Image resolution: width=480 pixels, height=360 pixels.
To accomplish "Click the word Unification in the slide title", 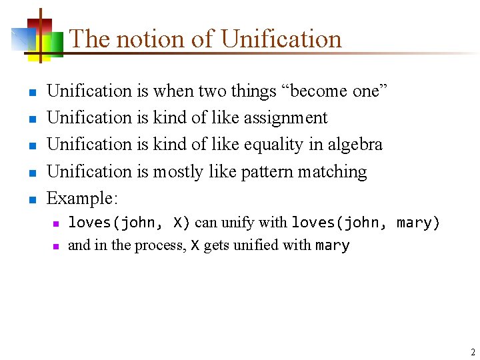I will click(281, 39).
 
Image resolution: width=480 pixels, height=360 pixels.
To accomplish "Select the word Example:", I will click(83, 198).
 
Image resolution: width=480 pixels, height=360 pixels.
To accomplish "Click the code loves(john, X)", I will click(129, 223).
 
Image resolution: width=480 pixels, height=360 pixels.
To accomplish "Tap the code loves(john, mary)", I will click(366, 223).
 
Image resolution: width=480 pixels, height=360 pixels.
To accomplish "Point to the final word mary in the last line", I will click(332, 245).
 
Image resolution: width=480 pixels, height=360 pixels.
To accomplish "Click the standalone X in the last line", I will click(195, 245).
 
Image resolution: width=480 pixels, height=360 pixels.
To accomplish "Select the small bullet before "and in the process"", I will click(57, 246).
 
